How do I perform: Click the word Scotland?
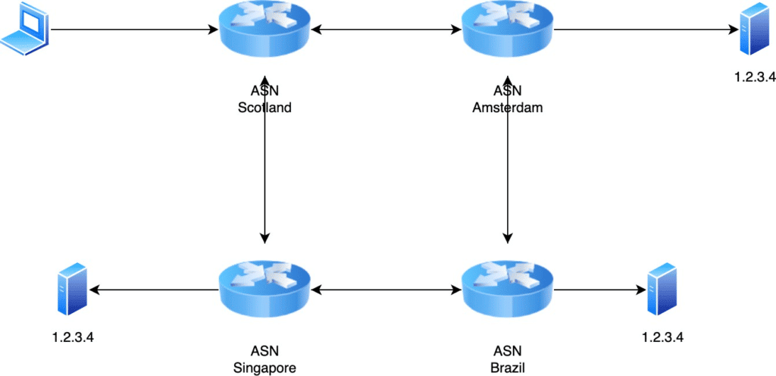[x=264, y=108]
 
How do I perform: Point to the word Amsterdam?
[x=508, y=108]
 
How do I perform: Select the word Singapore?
[x=264, y=367]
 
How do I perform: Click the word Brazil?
[x=508, y=367]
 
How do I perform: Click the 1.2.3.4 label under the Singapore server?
[x=73, y=335]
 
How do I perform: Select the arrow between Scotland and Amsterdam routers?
[x=386, y=31]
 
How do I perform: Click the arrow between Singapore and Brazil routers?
[x=386, y=290]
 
